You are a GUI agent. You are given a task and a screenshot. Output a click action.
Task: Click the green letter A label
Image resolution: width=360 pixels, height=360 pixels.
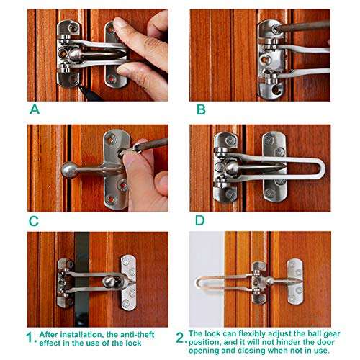coord(35,110)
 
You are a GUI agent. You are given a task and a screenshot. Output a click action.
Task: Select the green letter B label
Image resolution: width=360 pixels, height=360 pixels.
coord(201,110)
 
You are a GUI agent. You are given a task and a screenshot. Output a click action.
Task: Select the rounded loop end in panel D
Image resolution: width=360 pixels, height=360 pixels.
coord(320,169)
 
